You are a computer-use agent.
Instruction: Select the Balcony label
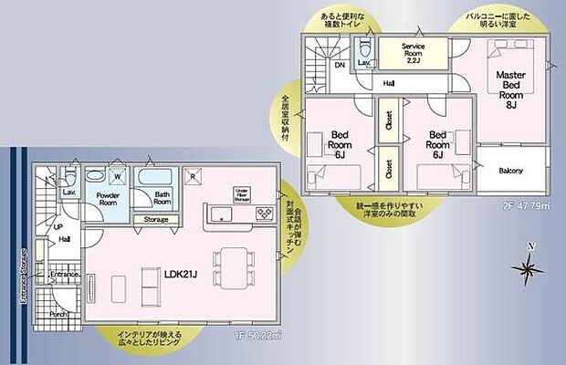510,172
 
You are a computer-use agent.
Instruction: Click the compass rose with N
529,266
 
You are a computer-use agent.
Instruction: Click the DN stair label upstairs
339,66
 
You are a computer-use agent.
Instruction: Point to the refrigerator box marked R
193,175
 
